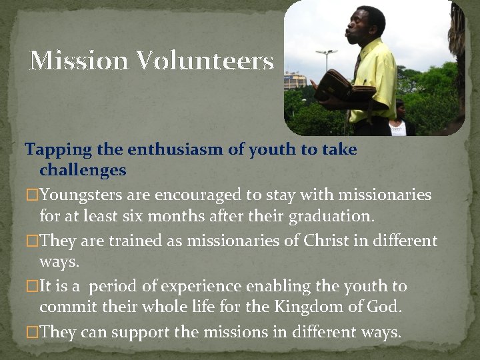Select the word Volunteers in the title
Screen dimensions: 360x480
205,61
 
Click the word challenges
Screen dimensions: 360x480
83,171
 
